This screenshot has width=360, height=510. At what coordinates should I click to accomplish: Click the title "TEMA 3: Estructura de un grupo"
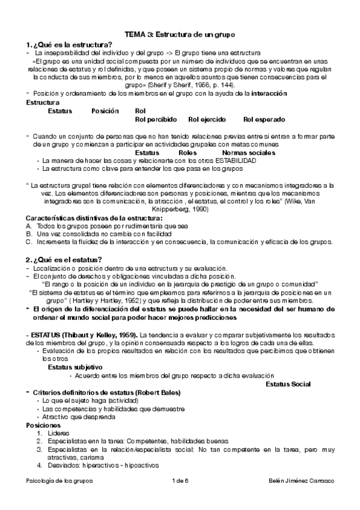pyautogui.click(x=180, y=35)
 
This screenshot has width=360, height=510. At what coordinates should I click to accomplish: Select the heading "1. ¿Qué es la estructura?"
pyautogui.click(x=69, y=45)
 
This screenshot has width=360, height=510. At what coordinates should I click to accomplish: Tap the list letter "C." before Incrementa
pyautogui.click(x=29, y=242)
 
